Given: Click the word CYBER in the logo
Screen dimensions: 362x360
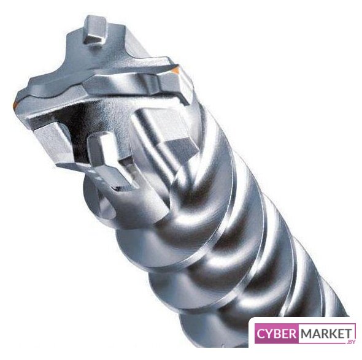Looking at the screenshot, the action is tap(276, 334).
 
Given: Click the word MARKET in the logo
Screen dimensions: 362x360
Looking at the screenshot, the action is tap(326, 334).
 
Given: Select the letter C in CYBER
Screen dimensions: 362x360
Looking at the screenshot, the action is tap(261, 334).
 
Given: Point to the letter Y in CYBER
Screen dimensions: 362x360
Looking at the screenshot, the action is tap(269, 334).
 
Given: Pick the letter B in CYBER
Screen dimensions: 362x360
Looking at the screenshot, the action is tap(277, 334).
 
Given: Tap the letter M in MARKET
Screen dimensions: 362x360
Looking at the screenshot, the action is tap(307, 334).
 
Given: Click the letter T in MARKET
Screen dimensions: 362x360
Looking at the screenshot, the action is tap(349, 334).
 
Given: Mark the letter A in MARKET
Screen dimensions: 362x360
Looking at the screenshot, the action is tap(317, 334).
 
